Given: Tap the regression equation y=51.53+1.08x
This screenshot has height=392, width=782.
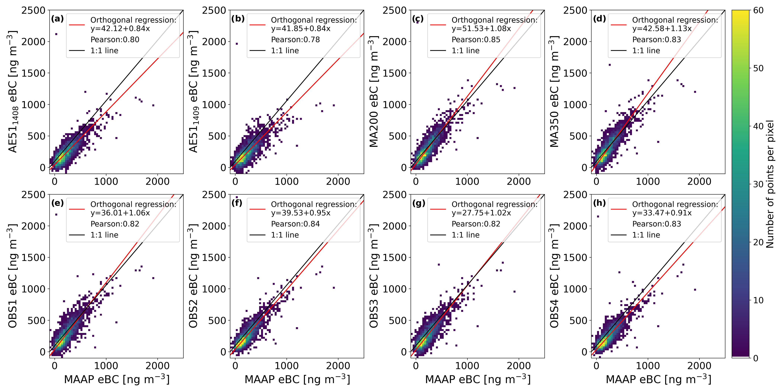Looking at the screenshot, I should [481, 28].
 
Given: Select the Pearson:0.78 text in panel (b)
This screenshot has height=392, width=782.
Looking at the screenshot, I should [295, 39].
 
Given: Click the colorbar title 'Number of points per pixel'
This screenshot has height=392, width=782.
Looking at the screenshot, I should [770, 184].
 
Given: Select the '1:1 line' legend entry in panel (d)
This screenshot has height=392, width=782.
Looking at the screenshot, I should [646, 51].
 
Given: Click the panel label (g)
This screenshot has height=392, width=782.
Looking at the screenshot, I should [419, 203].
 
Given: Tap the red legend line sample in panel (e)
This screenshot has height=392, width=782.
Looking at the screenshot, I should [77, 209].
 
